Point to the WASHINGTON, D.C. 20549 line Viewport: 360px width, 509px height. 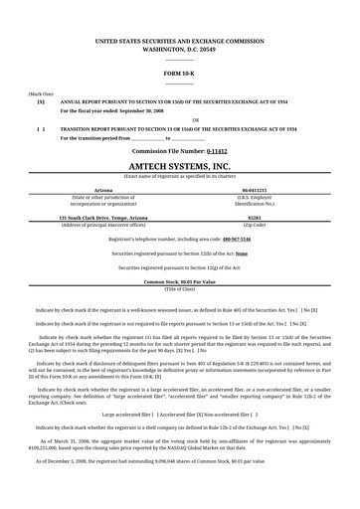pos(179,48)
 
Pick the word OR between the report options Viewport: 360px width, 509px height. pos(180,119)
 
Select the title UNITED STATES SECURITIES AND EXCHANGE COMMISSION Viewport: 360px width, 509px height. pos(179,40)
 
